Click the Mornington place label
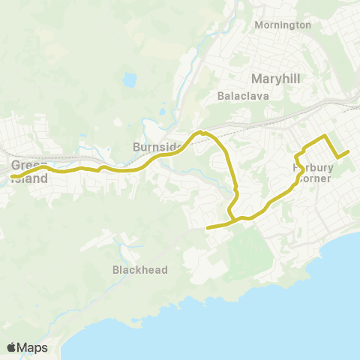(x=283, y=25)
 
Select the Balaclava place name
(x=238, y=96)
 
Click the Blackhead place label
(x=139, y=269)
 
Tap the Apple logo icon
(x=12, y=348)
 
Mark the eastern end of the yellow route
(x=349, y=151)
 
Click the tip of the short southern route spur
(x=207, y=227)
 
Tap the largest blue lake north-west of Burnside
(x=130, y=79)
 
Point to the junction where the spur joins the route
(x=234, y=220)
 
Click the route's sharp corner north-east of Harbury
(x=324, y=136)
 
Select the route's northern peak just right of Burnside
(x=200, y=133)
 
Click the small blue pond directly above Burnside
(x=162, y=113)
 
